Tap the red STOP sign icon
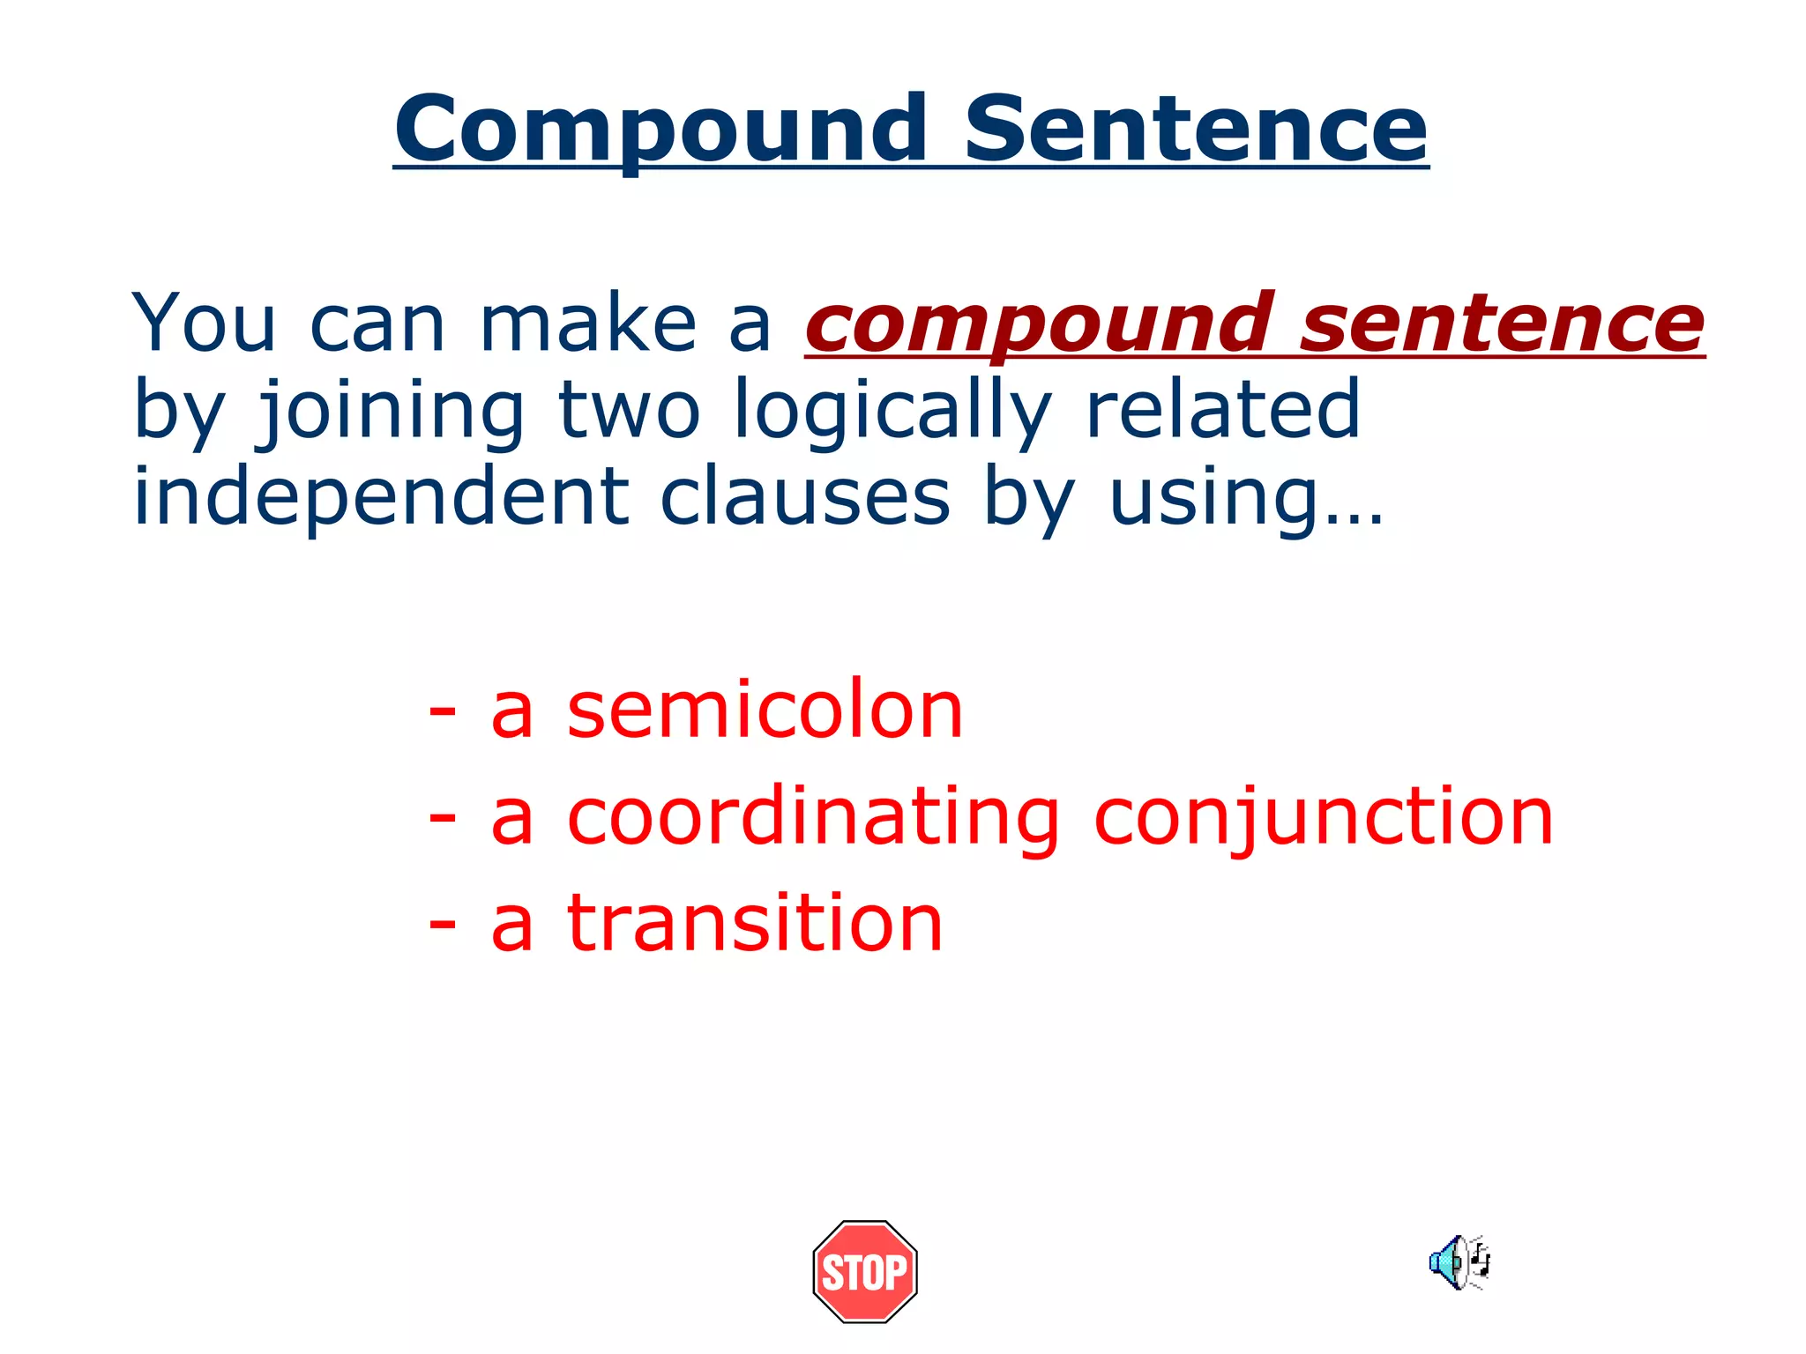[864, 1271]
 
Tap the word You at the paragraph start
[205, 324]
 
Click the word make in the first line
[588, 324]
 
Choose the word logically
[892, 411]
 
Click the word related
[1223, 409]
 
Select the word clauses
[805, 497]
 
